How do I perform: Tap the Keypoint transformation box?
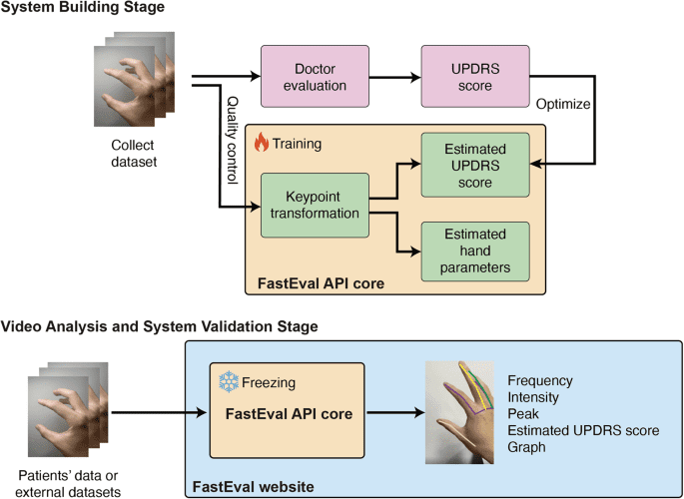[315, 205]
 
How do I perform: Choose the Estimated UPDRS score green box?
[474, 164]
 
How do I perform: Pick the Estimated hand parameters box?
[474, 250]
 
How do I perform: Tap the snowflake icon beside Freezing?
[229, 382]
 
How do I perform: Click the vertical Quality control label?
[232, 140]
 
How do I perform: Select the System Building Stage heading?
[83, 8]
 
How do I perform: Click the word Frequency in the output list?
[539, 380]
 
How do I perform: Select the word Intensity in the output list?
[534, 396]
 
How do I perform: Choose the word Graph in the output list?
[526, 447]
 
